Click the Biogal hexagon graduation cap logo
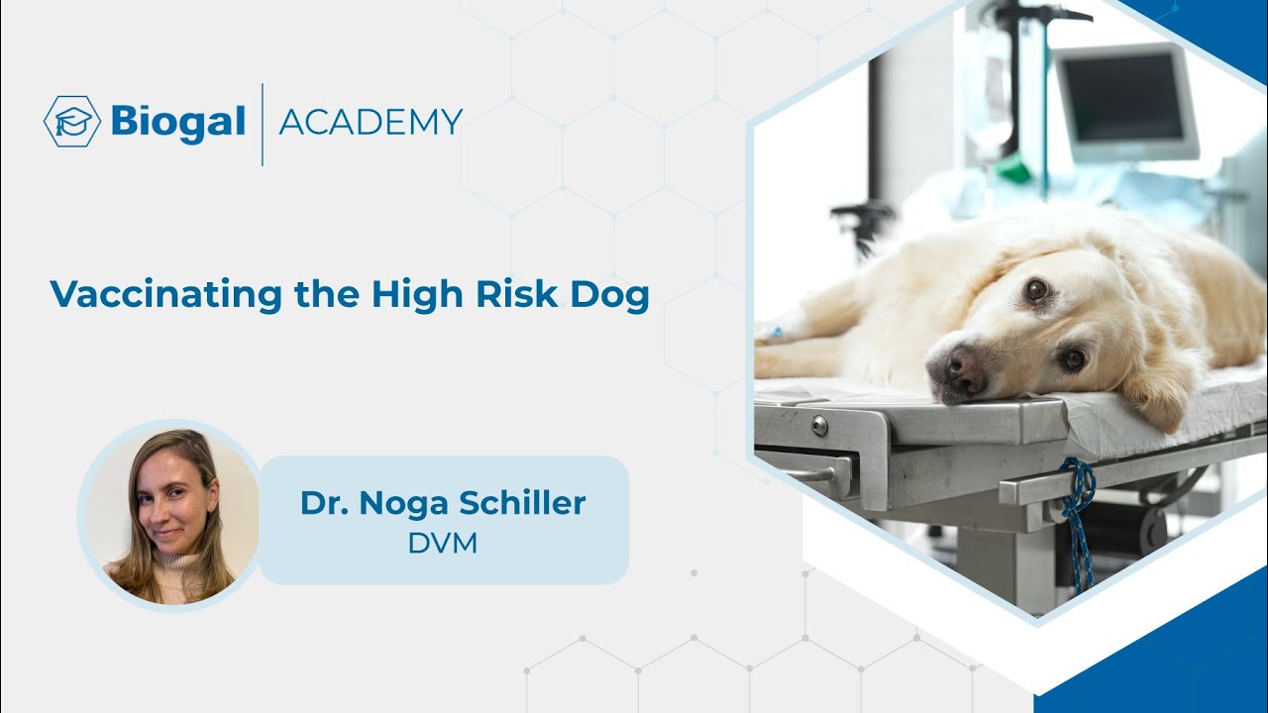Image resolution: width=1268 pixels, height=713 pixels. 72,122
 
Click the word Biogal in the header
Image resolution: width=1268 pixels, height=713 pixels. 178,122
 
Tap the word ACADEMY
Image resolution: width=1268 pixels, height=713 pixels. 370,122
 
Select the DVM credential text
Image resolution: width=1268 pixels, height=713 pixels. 443,544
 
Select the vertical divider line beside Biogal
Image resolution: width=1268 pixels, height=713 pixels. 263,124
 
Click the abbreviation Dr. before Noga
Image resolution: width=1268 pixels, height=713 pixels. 323,503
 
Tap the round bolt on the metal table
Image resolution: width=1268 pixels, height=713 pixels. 819,426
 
